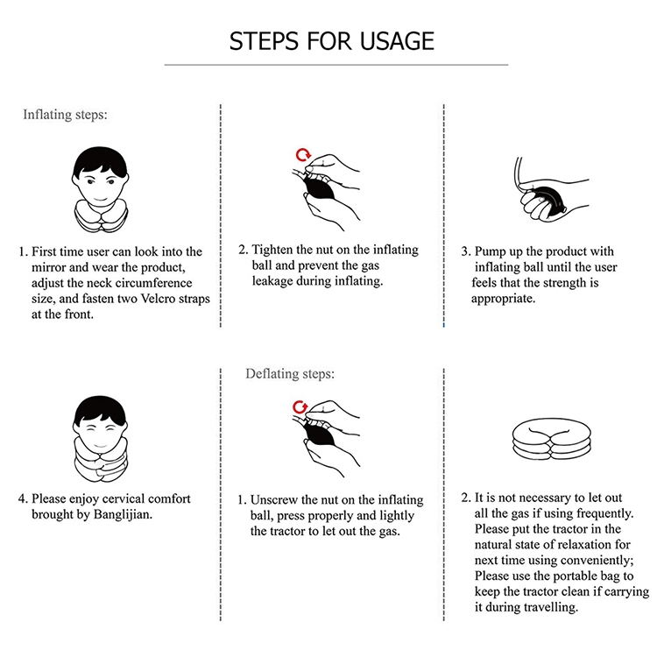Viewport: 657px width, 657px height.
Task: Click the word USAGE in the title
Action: [x=397, y=41]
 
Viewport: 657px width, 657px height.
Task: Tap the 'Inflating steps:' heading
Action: [x=65, y=115]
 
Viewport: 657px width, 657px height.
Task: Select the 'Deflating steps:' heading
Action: [x=290, y=373]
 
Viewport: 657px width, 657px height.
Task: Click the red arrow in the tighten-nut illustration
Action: [x=303, y=154]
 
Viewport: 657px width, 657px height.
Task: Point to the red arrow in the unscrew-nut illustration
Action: [x=300, y=406]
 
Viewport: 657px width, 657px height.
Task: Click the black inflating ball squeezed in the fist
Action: [x=544, y=204]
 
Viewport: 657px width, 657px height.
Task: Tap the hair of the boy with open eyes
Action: [x=100, y=161]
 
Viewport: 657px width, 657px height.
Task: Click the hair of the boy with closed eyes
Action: [x=100, y=411]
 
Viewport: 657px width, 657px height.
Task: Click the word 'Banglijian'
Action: [x=122, y=514]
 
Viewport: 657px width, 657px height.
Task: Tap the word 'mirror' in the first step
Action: [x=46, y=267]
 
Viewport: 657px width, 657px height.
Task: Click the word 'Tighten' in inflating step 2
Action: [x=272, y=250]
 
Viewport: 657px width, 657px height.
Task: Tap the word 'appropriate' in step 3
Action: [x=502, y=299]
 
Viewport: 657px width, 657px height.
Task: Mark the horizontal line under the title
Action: [x=336, y=65]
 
